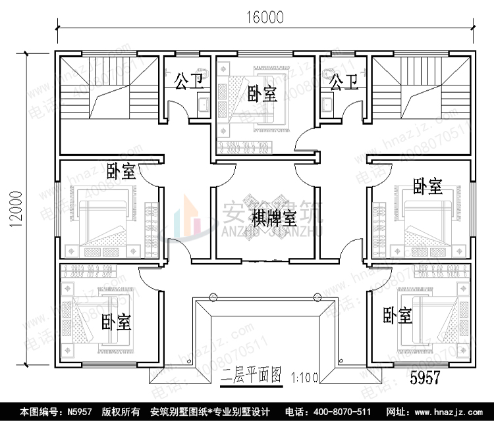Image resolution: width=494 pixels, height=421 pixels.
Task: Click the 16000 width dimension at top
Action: [266, 18]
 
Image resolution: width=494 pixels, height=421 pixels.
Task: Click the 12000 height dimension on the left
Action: [14, 210]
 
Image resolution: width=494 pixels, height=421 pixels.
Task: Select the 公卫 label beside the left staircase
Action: [188, 82]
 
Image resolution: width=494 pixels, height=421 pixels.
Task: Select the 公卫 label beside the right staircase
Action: [343, 82]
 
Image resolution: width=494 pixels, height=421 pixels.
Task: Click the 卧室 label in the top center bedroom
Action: [262, 94]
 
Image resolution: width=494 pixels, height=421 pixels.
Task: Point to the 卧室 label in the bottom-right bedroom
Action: [397, 316]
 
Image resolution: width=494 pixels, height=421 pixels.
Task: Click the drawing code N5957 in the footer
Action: [79, 411]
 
